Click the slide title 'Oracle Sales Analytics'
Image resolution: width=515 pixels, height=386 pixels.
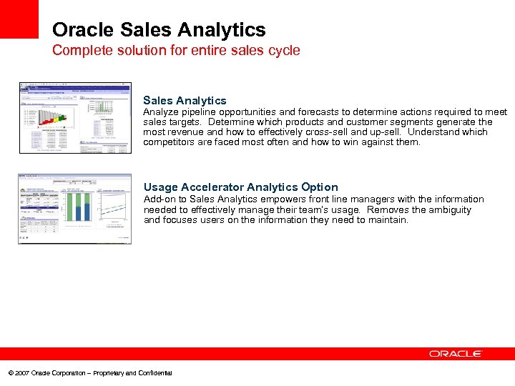(x=159, y=30)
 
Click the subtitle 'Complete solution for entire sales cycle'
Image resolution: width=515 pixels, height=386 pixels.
(x=176, y=51)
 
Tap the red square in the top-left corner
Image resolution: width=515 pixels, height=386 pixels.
(x=19, y=19)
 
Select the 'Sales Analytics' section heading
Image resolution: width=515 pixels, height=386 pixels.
(x=185, y=101)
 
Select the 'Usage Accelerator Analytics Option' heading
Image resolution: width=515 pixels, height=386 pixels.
(x=240, y=187)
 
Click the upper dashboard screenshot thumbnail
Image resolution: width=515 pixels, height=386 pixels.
(x=75, y=117)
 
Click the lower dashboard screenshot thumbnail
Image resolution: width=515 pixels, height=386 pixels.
(x=75, y=209)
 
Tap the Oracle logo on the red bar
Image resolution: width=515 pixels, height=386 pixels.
(x=456, y=354)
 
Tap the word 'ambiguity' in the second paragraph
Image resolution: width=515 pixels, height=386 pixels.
(x=448, y=209)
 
